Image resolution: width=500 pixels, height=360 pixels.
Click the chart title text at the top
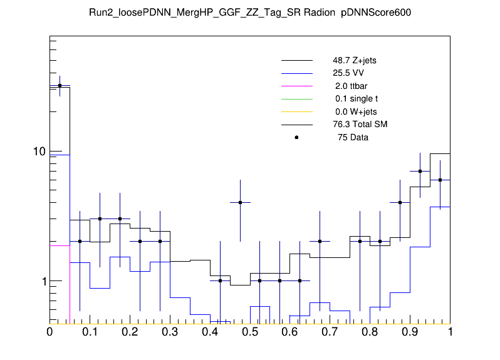point(249,12)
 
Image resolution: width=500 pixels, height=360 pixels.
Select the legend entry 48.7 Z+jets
point(355,61)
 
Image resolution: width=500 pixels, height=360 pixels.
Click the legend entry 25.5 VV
point(348,73)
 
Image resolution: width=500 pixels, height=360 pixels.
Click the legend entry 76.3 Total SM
point(360,124)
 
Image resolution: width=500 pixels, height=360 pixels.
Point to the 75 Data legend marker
point(296,137)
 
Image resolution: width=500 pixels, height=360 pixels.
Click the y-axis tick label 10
point(39,152)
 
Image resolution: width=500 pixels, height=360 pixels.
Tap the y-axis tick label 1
point(44,281)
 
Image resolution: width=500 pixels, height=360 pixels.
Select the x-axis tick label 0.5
point(250,332)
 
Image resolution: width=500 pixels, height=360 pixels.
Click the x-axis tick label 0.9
point(410,332)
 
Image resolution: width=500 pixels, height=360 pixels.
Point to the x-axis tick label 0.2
point(130,332)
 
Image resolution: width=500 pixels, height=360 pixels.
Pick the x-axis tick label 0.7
point(330,332)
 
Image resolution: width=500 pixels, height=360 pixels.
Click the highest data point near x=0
point(60,86)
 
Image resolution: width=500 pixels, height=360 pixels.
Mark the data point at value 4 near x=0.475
point(240,202)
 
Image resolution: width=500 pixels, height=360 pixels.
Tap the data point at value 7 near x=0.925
point(420,171)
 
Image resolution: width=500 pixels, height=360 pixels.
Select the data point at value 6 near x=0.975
point(440,180)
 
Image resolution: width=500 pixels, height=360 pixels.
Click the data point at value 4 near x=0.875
point(400,202)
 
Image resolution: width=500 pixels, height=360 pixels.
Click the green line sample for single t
point(296,99)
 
